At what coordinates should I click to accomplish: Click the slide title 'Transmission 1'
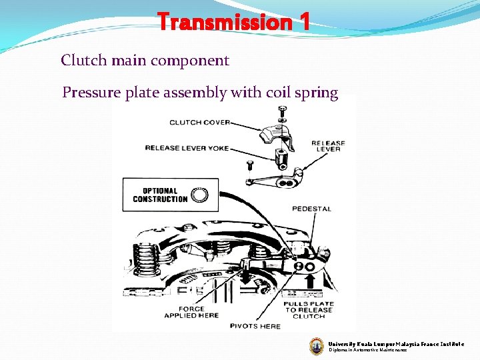[x=233, y=23]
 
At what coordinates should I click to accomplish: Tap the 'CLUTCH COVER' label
[x=200, y=122]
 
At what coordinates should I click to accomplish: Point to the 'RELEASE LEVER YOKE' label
[x=187, y=147]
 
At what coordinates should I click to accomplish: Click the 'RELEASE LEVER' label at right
[x=328, y=146]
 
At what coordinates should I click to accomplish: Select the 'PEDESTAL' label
[x=311, y=209]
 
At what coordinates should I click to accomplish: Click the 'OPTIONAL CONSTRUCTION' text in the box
[x=160, y=195]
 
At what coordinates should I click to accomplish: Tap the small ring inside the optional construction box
[x=199, y=195]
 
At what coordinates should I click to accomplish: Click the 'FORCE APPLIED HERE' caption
[x=191, y=312]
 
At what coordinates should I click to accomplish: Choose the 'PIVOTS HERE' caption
[x=256, y=326]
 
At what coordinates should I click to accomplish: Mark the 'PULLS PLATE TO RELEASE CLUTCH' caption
[x=308, y=310]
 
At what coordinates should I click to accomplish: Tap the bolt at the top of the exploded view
[x=283, y=111]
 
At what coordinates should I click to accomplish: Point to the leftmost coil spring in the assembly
[x=145, y=257]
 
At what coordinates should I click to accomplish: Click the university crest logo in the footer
[x=317, y=345]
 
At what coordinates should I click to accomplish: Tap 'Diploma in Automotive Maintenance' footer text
[x=367, y=350]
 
